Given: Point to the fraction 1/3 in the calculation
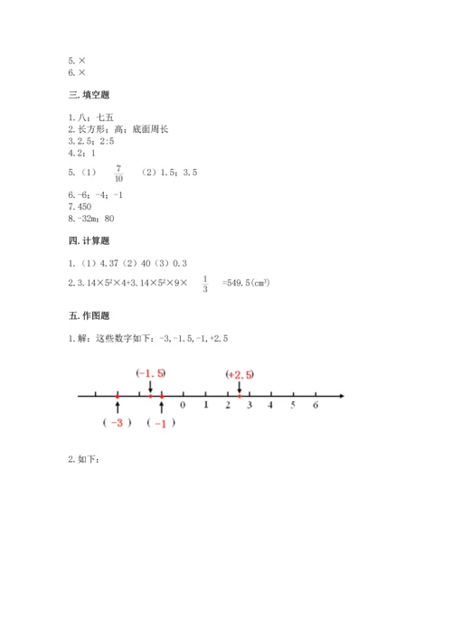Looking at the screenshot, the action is click(204, 283).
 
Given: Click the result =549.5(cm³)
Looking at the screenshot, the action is click(247, 283).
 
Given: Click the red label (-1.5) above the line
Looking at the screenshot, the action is click(150, 373).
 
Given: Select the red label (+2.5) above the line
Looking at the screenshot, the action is click(240, 373).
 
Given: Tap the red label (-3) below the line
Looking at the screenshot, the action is click(118, 423).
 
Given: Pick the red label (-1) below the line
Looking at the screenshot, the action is click(161, 423).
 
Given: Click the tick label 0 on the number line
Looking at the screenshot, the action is click(183, 406).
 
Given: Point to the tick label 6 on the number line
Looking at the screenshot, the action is click(315, 406).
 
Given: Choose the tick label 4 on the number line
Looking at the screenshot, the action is click(271, 406).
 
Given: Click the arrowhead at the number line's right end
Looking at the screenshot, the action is click(341, 395).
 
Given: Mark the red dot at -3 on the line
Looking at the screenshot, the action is click(118, 395).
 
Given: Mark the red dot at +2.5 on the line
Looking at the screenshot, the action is click(239, 395).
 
